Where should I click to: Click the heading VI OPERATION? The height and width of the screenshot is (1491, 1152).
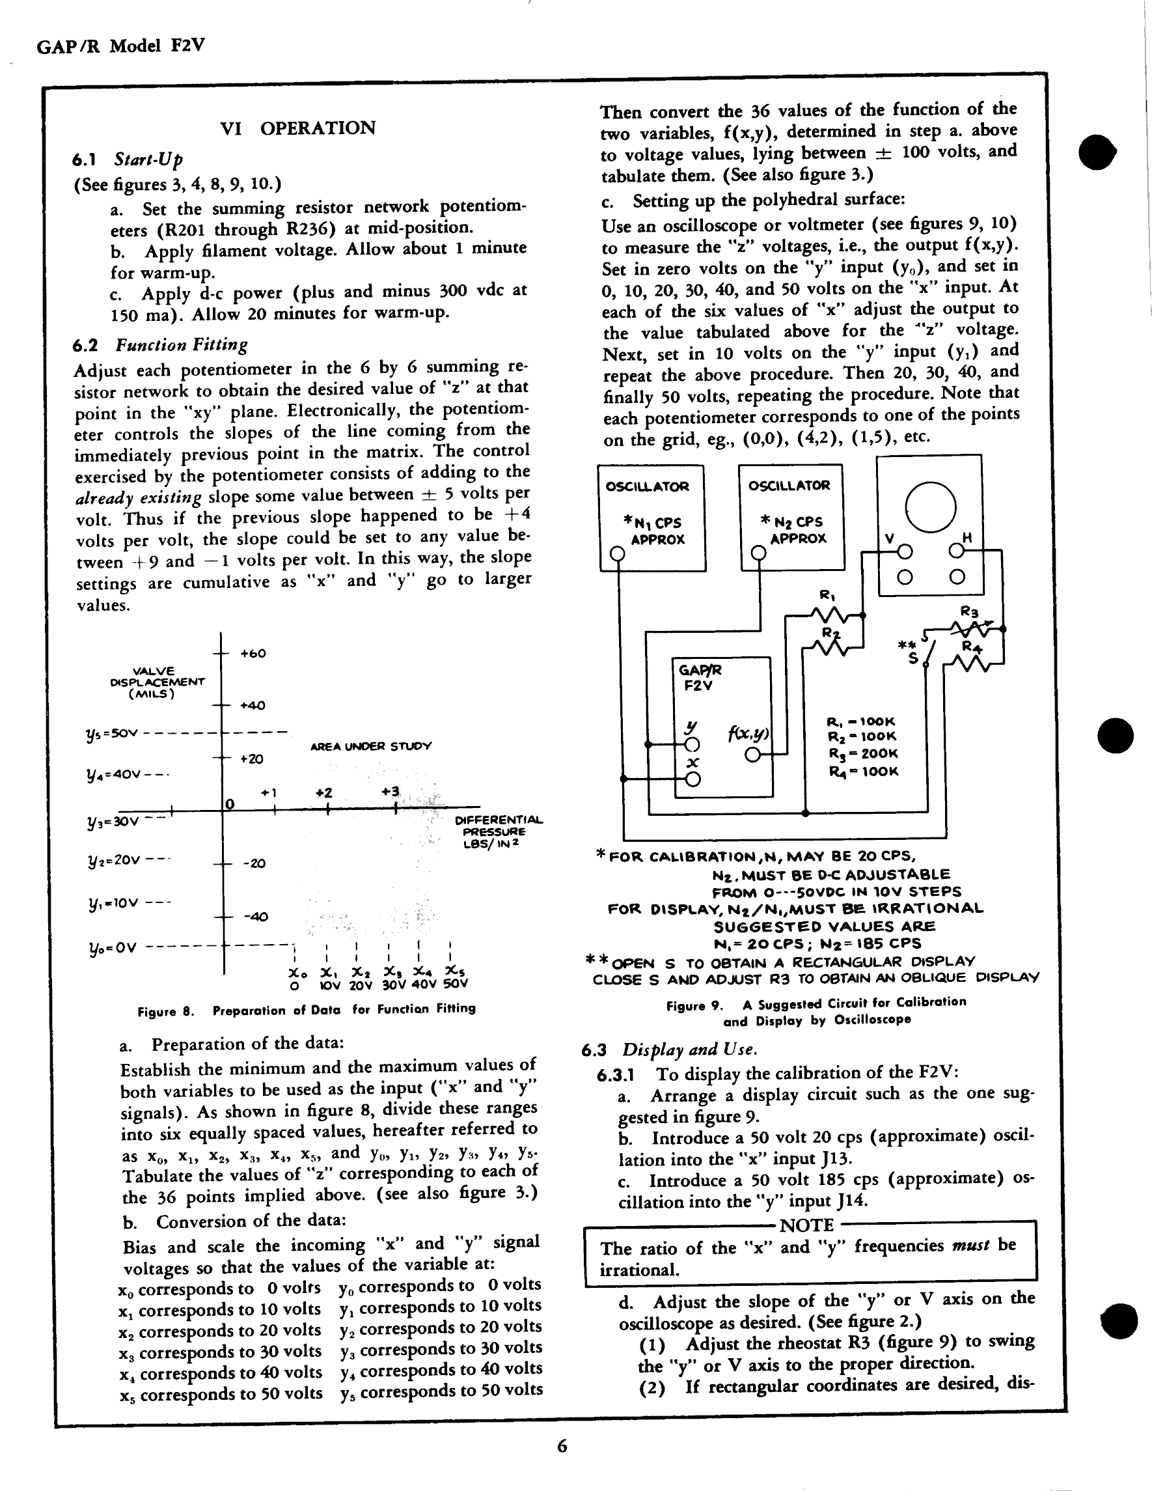tap(297, 128)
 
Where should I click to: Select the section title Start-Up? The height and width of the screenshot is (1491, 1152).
tap(148, 160)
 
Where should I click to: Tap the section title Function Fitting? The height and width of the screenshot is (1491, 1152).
tap(181, 345)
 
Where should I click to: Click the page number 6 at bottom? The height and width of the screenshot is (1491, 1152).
tap(562, 1446)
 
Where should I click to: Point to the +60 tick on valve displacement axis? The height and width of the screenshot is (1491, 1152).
tap(253, 653)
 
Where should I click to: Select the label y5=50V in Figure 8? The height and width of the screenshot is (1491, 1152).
tap(112, 734)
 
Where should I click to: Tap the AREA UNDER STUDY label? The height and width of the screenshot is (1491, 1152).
tap(370, 746)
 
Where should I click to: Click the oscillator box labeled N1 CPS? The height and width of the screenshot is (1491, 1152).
tap(651, 518)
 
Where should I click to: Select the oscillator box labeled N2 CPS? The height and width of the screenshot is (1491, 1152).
tap(791, 517)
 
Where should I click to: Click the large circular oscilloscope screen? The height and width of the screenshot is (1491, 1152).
tap(929, 507)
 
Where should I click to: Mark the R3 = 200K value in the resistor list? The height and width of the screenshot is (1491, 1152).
tap(862, 753)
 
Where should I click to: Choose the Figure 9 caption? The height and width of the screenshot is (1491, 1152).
tap(816, 1011)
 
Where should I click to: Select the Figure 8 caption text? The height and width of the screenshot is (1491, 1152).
tap(307, 1009)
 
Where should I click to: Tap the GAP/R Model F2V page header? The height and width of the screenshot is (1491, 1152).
tap(121, 46)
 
